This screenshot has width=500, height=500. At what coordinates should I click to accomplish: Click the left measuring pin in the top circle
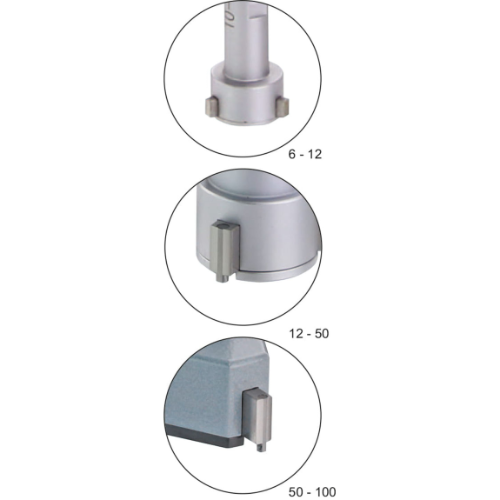211,108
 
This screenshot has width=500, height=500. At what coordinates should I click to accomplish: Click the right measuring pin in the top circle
283,107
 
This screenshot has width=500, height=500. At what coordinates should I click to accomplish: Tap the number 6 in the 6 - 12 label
292,154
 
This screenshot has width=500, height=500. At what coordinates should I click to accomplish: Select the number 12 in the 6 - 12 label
315,154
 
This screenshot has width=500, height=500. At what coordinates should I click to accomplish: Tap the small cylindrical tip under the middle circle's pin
223,278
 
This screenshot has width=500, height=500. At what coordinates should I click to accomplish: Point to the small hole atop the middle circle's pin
223,226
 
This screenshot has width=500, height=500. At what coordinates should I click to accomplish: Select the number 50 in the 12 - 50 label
322,334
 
